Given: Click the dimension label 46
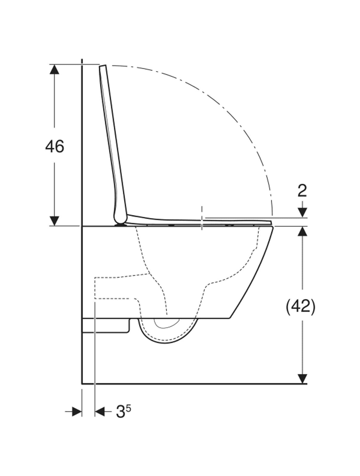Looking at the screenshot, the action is coord(54,147).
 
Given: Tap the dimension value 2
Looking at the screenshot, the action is coord(302,191).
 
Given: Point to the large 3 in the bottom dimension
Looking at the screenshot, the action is coord(121,412).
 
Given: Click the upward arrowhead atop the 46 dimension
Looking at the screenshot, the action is coord(54,70).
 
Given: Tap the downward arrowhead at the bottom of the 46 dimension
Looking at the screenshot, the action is coord(54,221).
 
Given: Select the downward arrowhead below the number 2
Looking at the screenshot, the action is coord(302,212).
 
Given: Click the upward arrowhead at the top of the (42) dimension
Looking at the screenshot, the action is coord(302,232).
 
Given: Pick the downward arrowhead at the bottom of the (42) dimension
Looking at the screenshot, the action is coord(302,378).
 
